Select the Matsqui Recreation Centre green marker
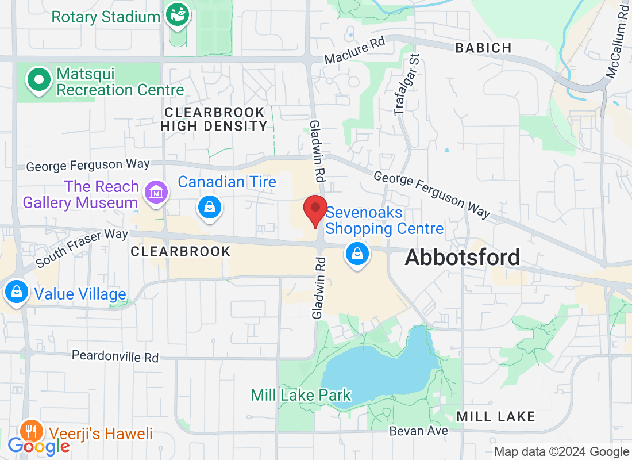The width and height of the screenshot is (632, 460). pos(40,80)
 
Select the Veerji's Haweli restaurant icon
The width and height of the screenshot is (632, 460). pos(29,431)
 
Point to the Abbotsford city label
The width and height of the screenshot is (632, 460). pos(462,257)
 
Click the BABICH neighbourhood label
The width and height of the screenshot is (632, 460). pos(483,48)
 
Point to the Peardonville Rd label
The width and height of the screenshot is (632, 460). pos(115,356)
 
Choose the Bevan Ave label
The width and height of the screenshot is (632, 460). pos(418,430)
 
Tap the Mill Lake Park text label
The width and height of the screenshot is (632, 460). pos(300,395)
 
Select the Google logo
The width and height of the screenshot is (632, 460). pos(39,446)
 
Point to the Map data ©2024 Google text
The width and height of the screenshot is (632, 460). pos(561,452)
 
